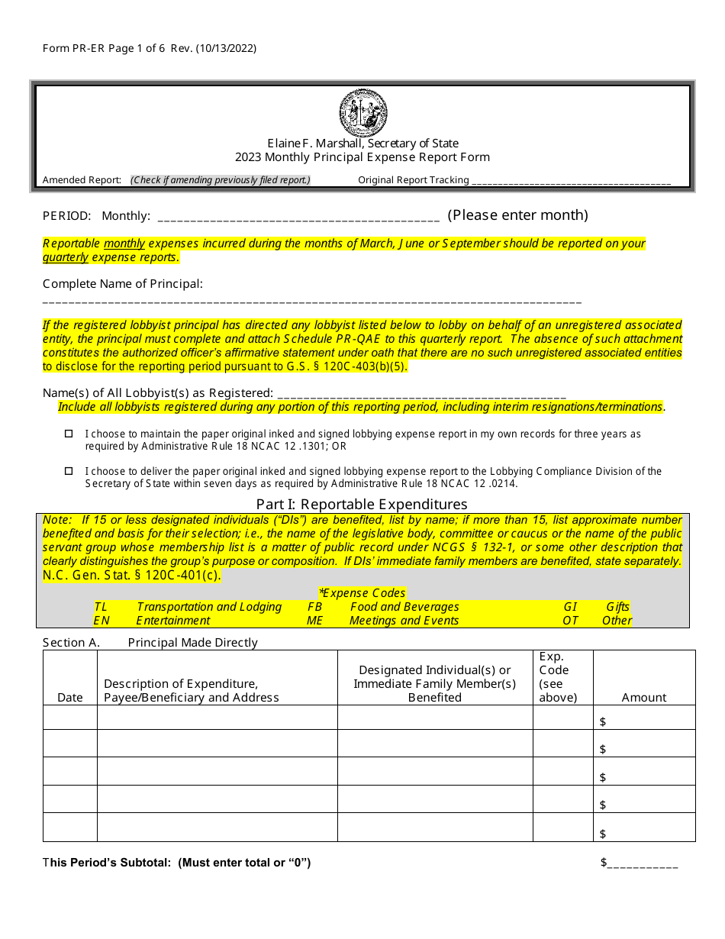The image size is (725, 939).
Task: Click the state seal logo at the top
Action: click(x=363, y=113)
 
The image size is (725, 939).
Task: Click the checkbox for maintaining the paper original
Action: click(x=68, y=434)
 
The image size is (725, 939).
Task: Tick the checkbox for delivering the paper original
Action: click(x=68, y=471)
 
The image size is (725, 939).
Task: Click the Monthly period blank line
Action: click(x=298, y=218)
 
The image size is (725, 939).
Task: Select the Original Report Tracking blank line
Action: click(x=571, y=182)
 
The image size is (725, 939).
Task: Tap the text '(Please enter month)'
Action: click(x=517, y=215)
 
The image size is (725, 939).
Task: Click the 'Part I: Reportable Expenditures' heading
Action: click(x=362, y=505)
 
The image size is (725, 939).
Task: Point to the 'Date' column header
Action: click(x=70, y=697)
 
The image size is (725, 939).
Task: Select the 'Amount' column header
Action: click(x=643, y=697)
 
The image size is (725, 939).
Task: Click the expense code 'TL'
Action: click(x=101, y=607)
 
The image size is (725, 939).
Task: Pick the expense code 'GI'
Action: click(x=570, y=607)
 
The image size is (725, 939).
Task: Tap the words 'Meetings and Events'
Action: click(x=404, y=621)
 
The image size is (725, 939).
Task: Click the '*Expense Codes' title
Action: click(x=362, y=593)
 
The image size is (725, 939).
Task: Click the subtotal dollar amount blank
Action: click(x=643, y=864)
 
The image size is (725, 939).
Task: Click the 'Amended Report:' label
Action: click(x=82, y=180)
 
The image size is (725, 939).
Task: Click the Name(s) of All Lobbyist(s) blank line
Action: click(x=422, y=395)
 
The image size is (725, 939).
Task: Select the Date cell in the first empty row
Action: click(x=70, y=718)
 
